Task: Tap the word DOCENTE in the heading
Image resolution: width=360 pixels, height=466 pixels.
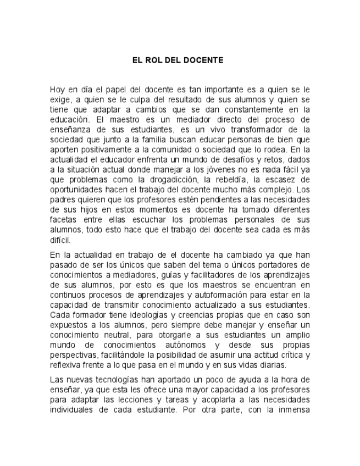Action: pyautogui.click(x=204, y=60)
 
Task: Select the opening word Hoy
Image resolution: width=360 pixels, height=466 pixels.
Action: pyautogui.click(x=58, y=88)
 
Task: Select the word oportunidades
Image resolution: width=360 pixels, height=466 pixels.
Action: pyautogui.click(x=76, y=190)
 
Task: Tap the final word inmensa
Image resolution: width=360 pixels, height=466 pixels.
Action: pyautogui.click(x=292, y=409)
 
